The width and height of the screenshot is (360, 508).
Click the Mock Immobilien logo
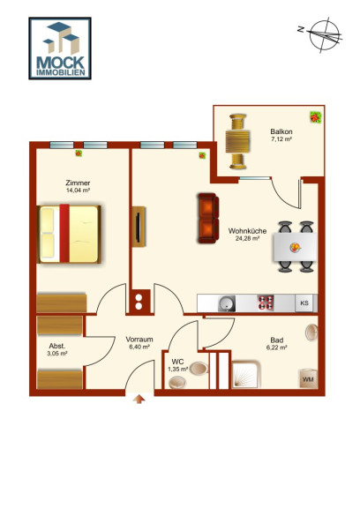click(60, 49)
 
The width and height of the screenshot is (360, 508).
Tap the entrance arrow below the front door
click(139, 400)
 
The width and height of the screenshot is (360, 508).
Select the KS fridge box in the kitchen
click(304, 303)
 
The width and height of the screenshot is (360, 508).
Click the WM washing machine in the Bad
click(308, 378)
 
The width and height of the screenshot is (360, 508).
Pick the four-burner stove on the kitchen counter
click(266, 303)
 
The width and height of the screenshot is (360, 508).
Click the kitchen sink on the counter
click(226, 304)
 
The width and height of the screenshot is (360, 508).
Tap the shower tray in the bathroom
click(246, 375)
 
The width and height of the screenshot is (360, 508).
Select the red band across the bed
click(64, 233)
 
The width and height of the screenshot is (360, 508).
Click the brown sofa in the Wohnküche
click(208, 218)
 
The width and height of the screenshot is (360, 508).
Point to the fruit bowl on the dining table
click(295, 248)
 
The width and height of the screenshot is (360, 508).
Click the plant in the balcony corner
click(316, 117)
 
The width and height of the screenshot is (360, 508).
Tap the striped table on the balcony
click(238, 141)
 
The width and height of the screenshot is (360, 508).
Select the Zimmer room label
click(78, 183)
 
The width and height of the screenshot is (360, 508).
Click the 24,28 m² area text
click(247, 238)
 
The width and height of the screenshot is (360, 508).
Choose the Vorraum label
click(139, 340)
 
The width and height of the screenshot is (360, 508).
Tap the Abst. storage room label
click(57, 346)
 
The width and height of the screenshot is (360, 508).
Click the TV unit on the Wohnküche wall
click(139, 227)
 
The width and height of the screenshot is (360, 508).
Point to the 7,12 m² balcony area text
click(281, 139)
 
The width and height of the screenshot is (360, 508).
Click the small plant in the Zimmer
click(79, 153)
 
